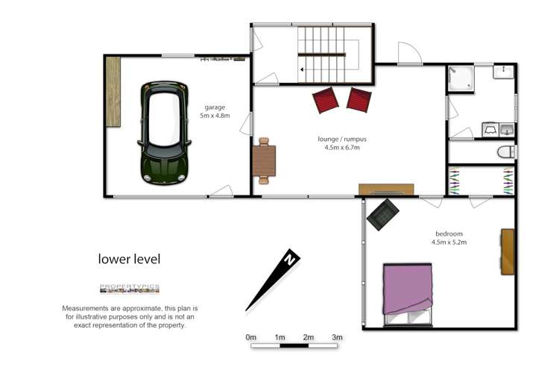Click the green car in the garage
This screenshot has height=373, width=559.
(164, 133)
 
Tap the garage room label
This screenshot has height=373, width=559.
(215, 107)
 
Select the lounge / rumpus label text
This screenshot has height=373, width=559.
(341, 139)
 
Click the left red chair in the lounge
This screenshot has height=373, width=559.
(326, 99)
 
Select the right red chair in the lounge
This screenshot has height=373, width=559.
(359, 99)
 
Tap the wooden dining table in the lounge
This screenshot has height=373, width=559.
(264, 160)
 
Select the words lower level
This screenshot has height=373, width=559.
(129, 260)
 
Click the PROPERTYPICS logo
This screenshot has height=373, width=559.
(129, 289)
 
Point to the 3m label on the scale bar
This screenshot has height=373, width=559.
(337, 337)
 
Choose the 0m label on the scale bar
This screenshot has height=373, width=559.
(251, 337)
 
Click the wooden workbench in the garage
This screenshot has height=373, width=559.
(113, 91)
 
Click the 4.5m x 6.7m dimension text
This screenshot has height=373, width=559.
(342, 148)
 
